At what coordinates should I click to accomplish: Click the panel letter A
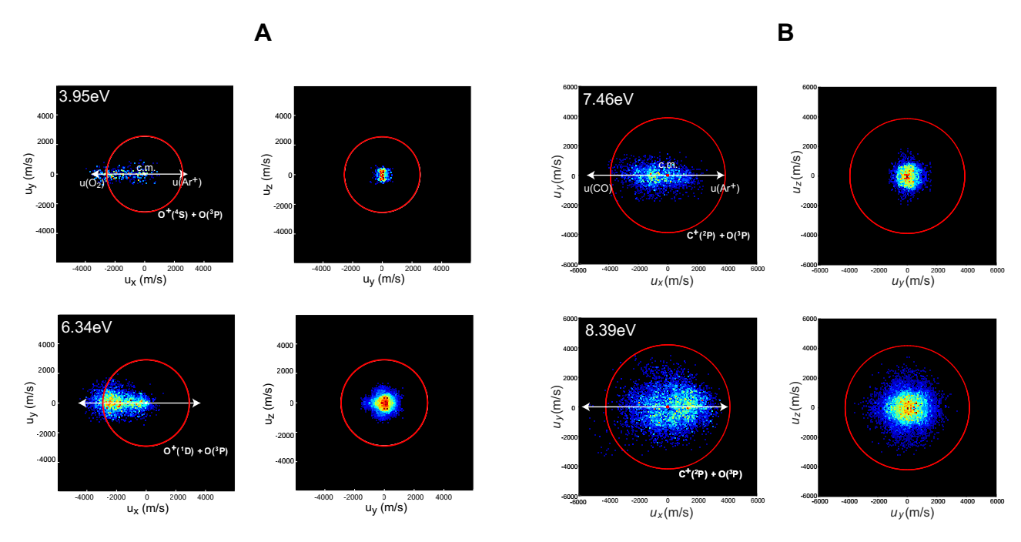[263, 33]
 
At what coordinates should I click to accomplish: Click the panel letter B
[785, 33]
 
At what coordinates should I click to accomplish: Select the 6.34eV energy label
[87, 326]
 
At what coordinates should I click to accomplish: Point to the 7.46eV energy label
[608, 99]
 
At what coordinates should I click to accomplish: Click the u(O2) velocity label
[93, 183]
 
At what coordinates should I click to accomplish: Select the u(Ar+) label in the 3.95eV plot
[187, 182]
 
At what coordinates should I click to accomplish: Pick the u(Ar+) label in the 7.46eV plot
[725, 188]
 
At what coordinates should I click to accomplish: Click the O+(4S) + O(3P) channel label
[190, 215]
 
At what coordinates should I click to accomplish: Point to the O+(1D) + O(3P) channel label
[196, 450]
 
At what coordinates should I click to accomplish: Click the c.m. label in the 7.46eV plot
[667, 165]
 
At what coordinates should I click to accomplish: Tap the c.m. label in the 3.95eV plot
[146, 166]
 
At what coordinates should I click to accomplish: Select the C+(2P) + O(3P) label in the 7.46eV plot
[718, 235]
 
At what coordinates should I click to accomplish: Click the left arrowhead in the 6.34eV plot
[82, 403]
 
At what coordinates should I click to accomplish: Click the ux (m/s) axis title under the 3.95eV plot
[146, 280]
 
